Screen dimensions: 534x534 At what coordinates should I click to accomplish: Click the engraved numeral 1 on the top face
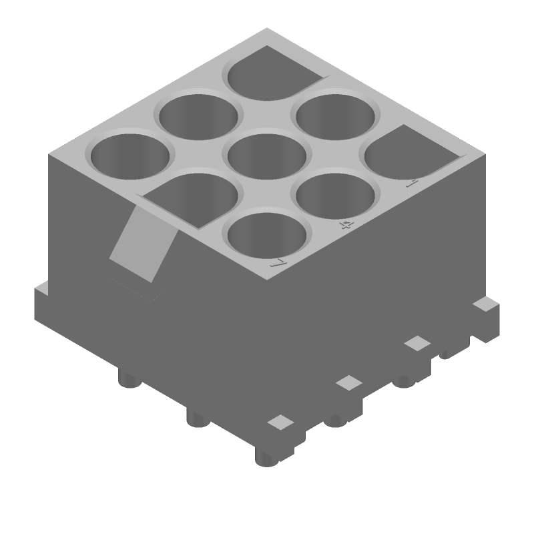point(412,182)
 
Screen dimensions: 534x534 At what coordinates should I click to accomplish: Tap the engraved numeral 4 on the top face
point(345,224)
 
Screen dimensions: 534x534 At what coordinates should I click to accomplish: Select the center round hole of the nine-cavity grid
point(267,156)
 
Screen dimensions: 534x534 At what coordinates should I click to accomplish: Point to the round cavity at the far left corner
point(130,156)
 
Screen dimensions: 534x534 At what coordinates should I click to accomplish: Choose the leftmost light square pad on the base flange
point(280,422)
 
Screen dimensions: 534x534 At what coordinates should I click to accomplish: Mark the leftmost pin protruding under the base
point(129,380)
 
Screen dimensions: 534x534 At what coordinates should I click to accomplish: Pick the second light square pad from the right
point(418,343)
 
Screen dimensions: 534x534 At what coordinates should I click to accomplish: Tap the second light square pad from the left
point(348,382)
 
